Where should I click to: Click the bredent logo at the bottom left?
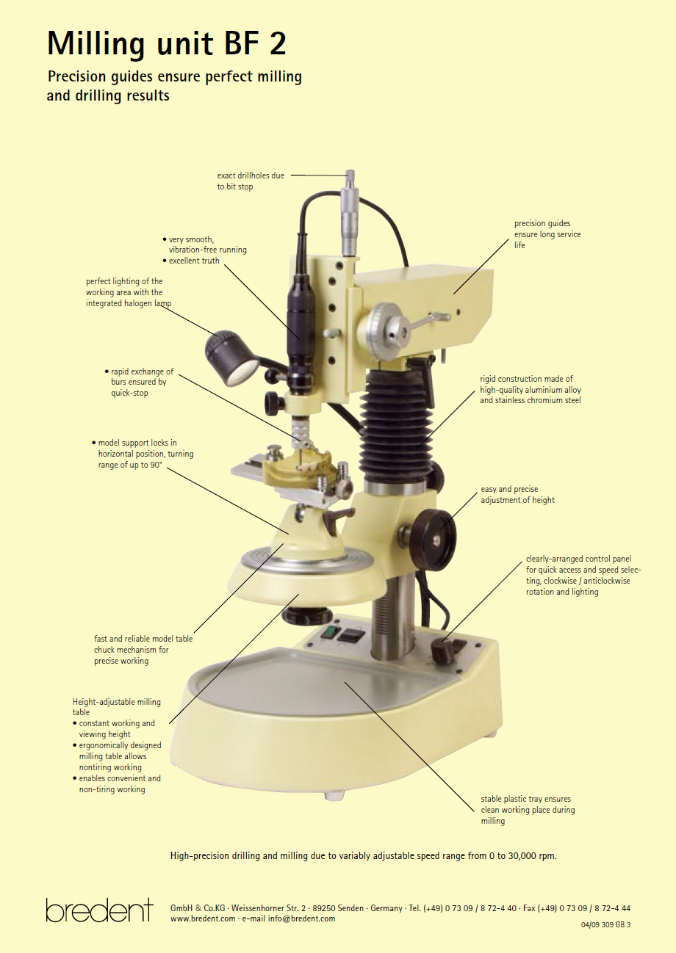[99, 910]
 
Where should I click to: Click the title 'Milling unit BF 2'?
[166, 44]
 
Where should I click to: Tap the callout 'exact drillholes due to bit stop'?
[250, 181]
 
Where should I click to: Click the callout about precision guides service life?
[547, 234]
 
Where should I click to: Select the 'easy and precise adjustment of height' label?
[517, 495]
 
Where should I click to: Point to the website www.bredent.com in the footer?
[203, 918]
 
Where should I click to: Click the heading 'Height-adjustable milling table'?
[116, 706]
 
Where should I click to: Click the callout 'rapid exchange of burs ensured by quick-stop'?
[138, 383]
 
